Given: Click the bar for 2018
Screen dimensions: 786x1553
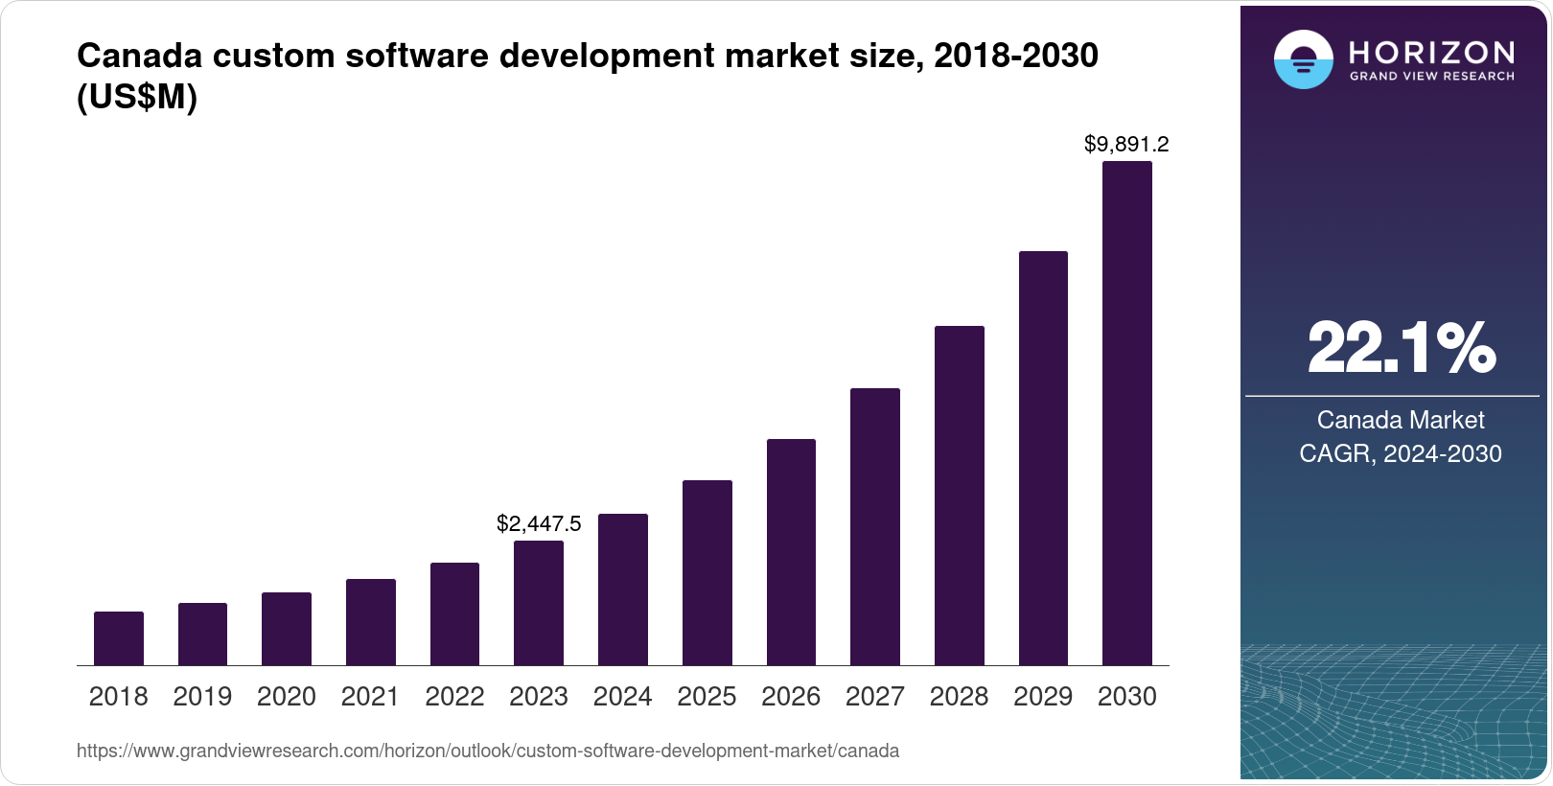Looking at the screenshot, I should [119, 638].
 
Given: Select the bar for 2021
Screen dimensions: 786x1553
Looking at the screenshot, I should [371, 622].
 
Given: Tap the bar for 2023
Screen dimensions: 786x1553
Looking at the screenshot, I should [539, 603].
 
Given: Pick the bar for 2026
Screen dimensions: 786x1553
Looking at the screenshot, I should [791, 552].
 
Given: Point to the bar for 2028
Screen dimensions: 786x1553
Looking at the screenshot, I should [960, 496].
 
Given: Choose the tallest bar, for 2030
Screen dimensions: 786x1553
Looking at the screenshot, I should [1127, 413].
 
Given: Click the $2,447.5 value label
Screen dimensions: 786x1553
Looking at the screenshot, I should [539, 523].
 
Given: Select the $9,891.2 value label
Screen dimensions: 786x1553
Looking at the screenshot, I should [1126, 145].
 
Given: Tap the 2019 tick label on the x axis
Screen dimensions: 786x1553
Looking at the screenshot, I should [202, 697].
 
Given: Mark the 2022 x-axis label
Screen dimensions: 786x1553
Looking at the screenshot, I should [454, 697].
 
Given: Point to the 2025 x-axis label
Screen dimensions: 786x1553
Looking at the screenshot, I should [707, 697].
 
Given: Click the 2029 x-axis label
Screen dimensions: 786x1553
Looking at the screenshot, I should [1043, 697].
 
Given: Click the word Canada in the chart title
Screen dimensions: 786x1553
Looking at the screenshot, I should [139, 57].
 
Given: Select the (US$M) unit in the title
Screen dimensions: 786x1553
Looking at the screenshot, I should [137, 98].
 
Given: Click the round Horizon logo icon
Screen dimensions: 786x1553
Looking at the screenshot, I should [1303, 59].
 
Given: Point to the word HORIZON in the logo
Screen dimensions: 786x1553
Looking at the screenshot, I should [1431, 52].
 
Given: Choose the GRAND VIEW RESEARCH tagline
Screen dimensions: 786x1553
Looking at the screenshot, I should [1431, 76].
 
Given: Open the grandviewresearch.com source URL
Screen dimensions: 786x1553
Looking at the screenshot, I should [488, 751].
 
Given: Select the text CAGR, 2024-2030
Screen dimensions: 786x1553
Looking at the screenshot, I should [1400, 453].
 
